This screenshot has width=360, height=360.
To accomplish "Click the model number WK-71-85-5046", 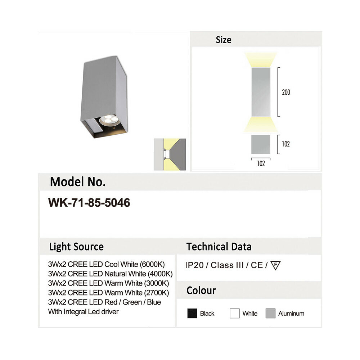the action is click(x=89, y=203).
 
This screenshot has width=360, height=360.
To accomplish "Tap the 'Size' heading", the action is click(x=224, y=40).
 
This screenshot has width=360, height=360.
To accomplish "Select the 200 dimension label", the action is click(x=286, y=92).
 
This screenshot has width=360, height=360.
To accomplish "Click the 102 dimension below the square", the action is click(x=261, y=163).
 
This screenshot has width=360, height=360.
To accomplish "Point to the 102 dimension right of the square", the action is click(x=286, y=144).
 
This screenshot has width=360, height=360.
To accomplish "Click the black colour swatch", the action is click(x=192, y=314).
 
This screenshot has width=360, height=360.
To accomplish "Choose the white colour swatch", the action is click(x=235, y=314).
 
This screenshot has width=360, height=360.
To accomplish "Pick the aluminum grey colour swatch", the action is click(x=270, y=314).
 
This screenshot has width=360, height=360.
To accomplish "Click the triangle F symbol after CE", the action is click(x=275, y=265).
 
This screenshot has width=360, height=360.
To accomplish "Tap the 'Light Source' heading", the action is click(x=76, y=247).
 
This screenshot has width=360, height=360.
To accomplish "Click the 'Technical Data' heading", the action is click(x=219, y=247).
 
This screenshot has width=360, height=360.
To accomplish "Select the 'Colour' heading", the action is click(x=201, y=291).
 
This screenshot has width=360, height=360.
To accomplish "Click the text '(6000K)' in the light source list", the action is click(x=152, y=264).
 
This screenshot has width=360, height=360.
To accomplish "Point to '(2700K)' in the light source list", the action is click(x=157, y=293).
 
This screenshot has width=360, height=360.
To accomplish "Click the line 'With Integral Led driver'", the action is click(x=84, y=312).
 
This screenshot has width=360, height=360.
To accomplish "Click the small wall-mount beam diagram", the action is click(x=170, y=154).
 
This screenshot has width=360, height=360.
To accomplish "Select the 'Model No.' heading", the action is click(x=78, y=182).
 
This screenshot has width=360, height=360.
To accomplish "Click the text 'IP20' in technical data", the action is click(x=194, y=265).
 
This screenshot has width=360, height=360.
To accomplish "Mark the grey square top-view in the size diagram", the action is click(x=261, y=144).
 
